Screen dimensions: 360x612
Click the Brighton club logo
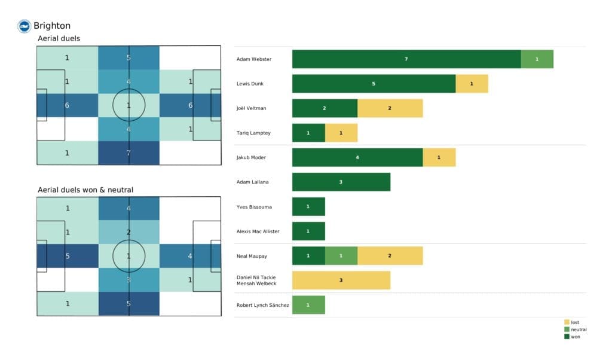24,26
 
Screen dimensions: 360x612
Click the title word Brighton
52,26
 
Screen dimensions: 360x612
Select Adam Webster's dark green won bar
406,59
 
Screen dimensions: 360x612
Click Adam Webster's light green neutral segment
537,59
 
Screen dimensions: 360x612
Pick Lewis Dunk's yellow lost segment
472,84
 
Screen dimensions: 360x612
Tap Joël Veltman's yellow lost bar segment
390,108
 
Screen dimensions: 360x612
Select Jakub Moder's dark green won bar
357,157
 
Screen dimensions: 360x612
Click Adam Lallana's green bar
341,182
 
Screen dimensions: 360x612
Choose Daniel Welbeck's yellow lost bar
341,280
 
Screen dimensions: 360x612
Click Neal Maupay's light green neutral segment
341,255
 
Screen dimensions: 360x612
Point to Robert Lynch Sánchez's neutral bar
308,305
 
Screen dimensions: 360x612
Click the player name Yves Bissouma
254,207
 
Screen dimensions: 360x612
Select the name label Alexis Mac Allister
258,231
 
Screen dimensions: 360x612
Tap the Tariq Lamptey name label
253,133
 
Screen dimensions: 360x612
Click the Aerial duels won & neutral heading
85,190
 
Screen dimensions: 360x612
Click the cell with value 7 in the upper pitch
129,153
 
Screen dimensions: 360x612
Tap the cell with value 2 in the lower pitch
129,232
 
